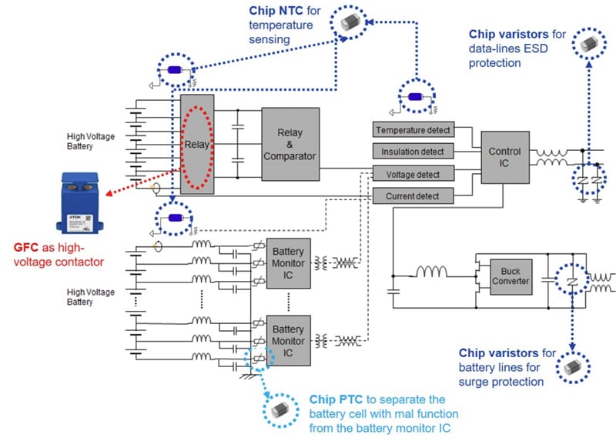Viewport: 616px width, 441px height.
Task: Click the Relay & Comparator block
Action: [x=289, y=145]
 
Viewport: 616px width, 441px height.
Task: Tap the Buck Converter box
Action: [x=511, y=276]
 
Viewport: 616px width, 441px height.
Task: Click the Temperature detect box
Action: [x=413, y=130]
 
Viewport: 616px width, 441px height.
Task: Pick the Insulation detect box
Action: [x=413, y=152]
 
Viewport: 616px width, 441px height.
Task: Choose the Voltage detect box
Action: [x=413, y=174]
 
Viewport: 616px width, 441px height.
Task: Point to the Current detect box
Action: [x=413, y=196]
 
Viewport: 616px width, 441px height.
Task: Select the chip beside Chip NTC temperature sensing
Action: [x=353, y=25]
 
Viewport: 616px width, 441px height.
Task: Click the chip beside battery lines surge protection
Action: [x=573, y=370]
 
